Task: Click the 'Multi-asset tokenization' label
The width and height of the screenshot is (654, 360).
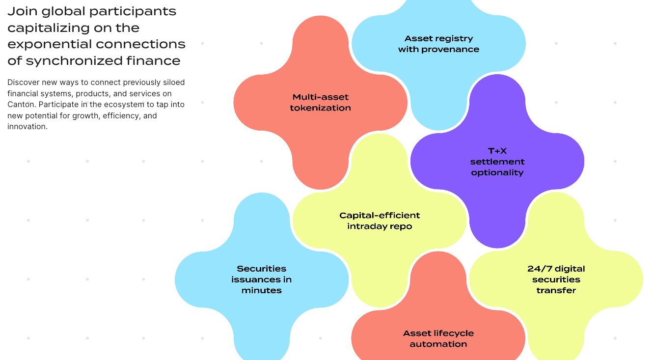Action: coord(320,103)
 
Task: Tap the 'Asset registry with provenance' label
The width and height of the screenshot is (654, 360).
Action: coord(438,44)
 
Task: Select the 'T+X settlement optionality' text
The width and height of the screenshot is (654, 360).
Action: coord(497,162)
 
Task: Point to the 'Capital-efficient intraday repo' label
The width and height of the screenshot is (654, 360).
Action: coord(380,221)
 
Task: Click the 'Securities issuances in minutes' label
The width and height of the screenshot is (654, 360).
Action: coord(261,279)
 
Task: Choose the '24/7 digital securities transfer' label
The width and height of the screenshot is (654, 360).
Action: coord(556,279)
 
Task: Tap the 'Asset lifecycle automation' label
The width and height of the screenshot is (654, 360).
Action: coord(438,338)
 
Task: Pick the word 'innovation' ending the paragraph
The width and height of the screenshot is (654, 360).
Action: coord(27,126)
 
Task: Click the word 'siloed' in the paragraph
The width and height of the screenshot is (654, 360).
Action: coord(173,82)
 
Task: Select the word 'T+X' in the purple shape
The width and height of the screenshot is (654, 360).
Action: coord(497,151)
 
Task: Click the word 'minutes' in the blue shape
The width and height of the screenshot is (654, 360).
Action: coord(261,290)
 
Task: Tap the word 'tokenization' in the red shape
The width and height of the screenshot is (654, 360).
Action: coord(320,108)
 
